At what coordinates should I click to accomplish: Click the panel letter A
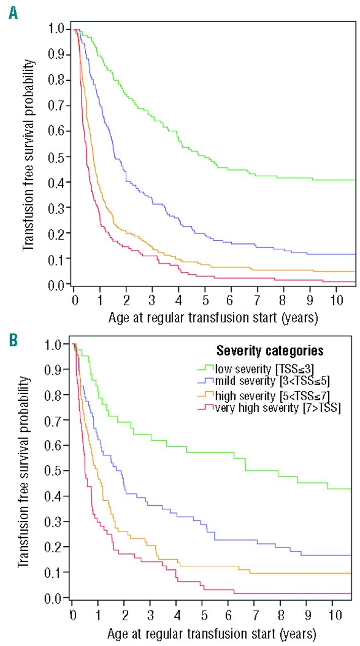14,12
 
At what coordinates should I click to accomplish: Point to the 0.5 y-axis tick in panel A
59,157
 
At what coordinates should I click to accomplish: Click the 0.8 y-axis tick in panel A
59,80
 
